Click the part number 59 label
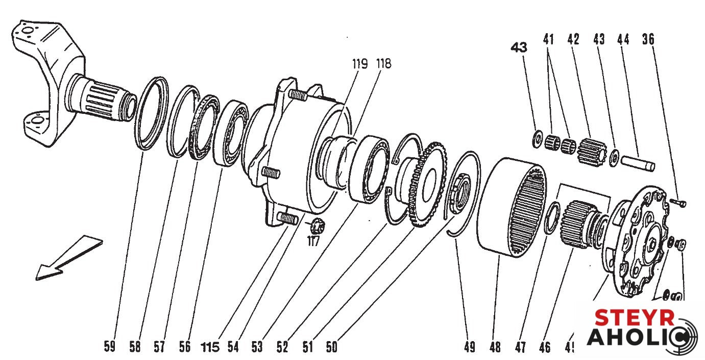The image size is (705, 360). [x=109, y=347]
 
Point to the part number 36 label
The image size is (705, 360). [x=648, y=39]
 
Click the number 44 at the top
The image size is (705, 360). [x=623, y=39]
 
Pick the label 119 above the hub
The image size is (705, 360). [x=359, y=64]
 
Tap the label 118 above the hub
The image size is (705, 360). [x=384, y=64]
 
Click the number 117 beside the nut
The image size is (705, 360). [x=313, y=241]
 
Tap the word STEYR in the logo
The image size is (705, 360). [x=635, y=318]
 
